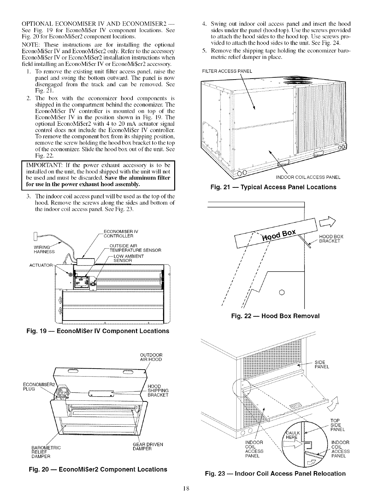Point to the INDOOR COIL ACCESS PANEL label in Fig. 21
pyautogui.click(x=308, y=177)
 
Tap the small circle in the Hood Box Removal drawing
pyautogui.click(x=281, y=292)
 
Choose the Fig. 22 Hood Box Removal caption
pyautogui.click(x=275, y=316)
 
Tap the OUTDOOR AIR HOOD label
pyautogui.click(x=151, y=357)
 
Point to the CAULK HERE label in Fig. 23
pyautogui.click(x=291, y=434)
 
